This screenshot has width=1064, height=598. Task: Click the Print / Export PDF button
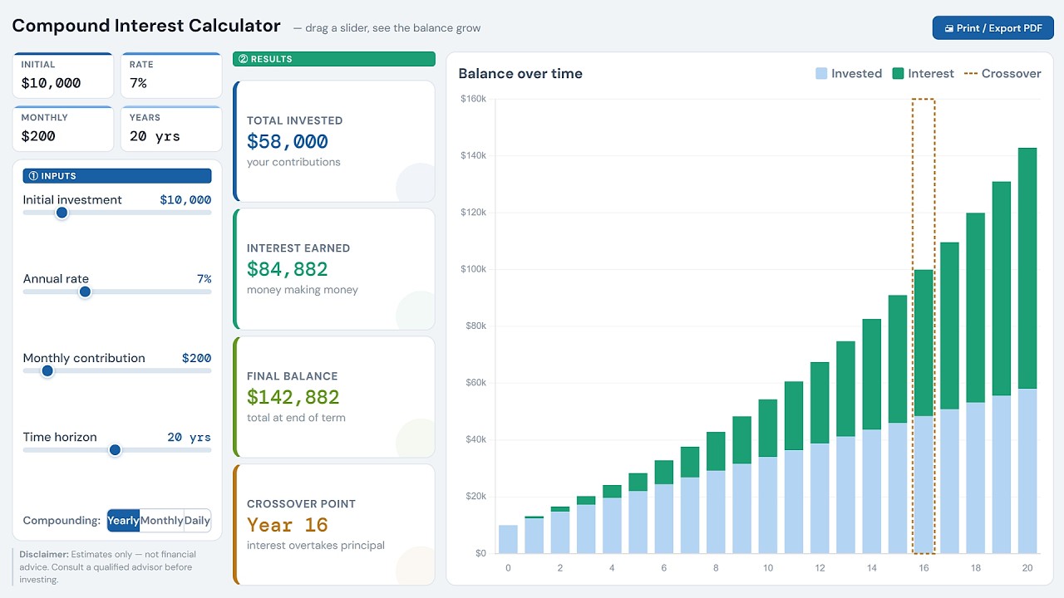tap(993, 28)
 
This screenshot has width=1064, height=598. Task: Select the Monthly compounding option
tap(161, 521)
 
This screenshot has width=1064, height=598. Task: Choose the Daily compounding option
tap(197, 521)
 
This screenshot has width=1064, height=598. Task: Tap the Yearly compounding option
tap(123, 521)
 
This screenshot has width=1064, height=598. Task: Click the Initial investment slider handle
tap(62, 213)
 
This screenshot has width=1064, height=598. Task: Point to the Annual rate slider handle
tap(85, 292)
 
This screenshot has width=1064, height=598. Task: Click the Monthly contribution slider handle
tap(47, 370)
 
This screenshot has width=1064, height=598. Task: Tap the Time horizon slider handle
tap(115, 449)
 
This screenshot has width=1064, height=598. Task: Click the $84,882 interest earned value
tap(288, 269)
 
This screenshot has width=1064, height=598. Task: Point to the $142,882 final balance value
tap(293, 397)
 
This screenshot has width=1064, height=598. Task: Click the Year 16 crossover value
tap(288, 525)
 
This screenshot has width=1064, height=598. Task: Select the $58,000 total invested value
tap(288, 141)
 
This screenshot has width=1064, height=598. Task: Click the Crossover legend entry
tap(1002, 74)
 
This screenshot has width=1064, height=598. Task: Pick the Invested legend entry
tap(849, 74)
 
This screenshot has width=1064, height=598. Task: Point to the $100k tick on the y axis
tap(473, 269)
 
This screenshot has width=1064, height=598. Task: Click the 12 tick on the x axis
tap(820, 568)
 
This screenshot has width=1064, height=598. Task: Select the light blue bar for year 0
tap(508, 539)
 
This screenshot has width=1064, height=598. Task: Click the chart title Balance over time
tap(520, 74)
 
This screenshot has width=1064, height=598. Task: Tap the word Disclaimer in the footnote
tap(44, 554)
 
